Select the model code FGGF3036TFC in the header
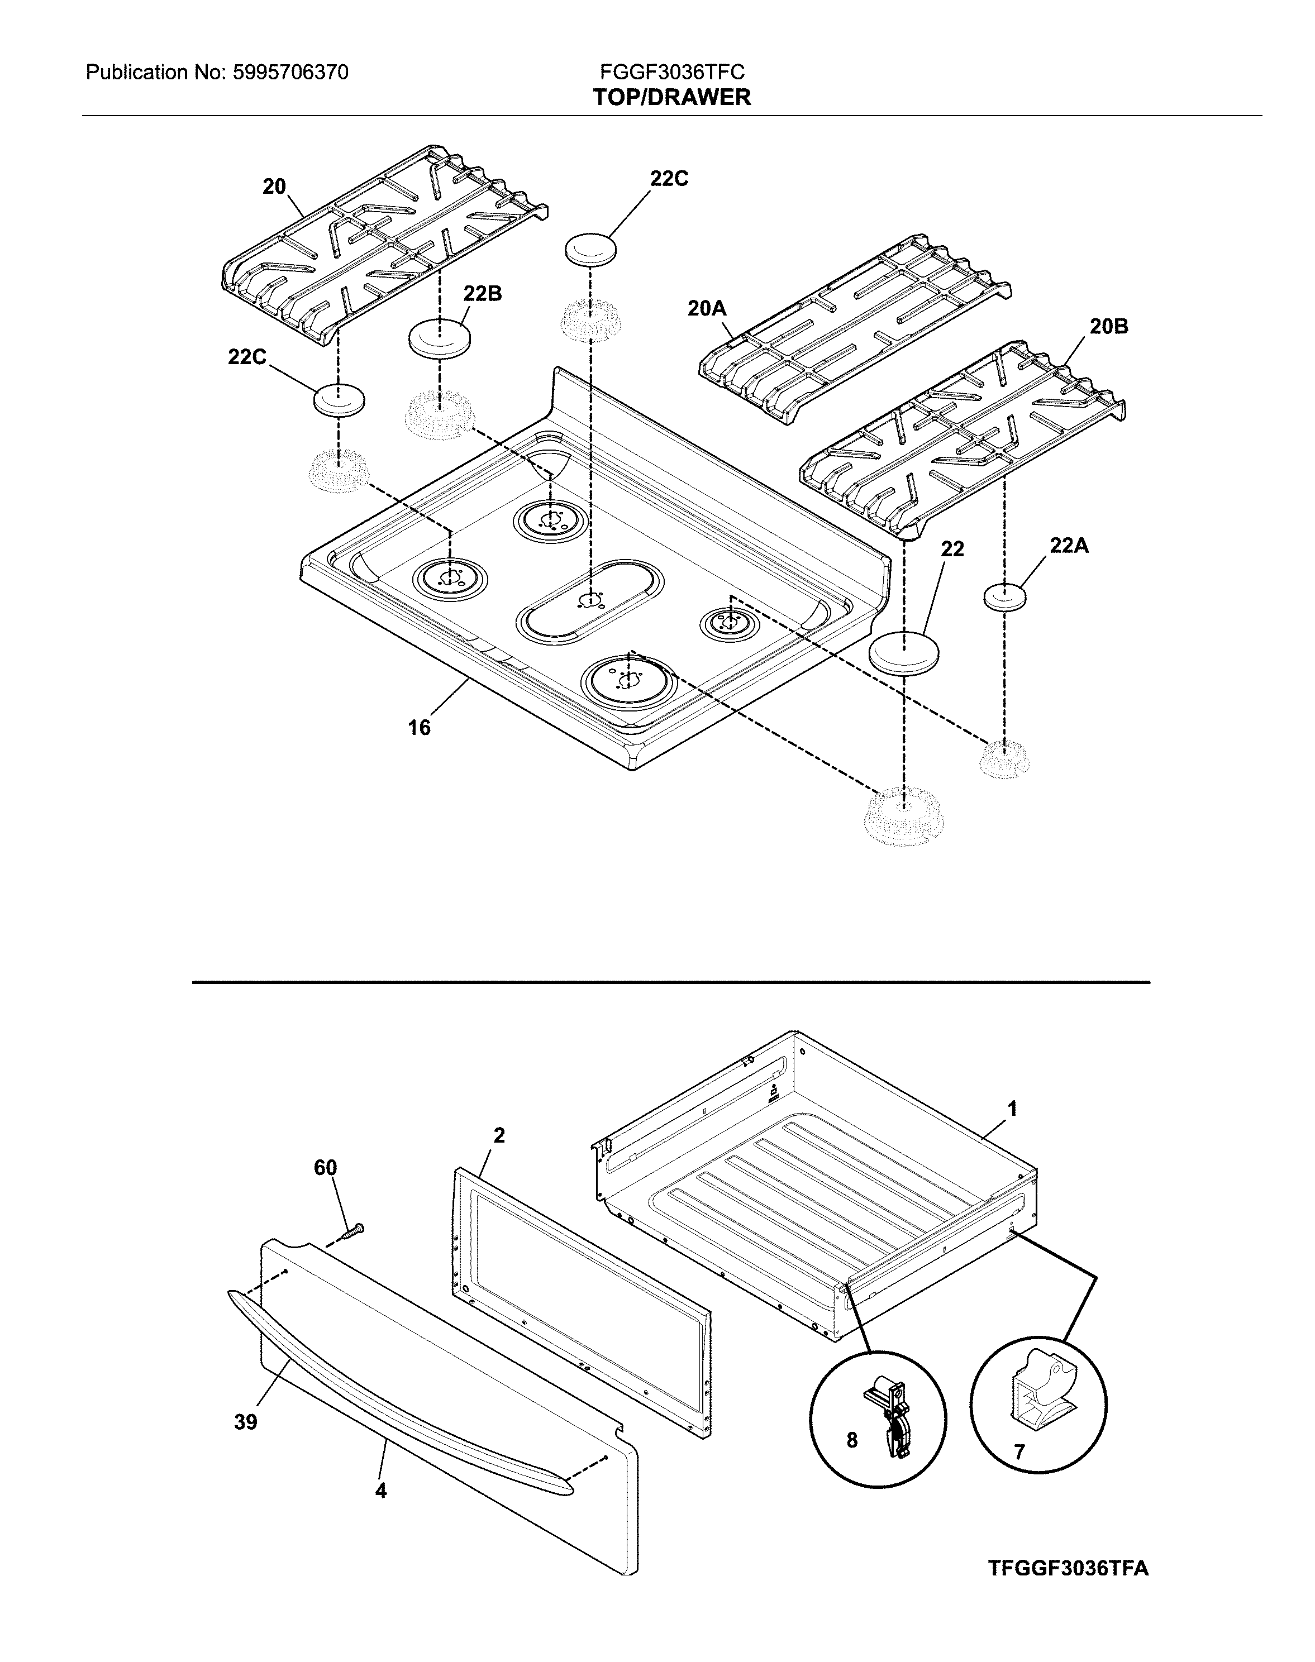(x=671, y=73)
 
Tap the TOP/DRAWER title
(x=671, y=98)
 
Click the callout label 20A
(x=706, y=309)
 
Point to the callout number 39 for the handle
(x=246, y=1422)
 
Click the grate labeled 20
(x=385, y=238)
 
